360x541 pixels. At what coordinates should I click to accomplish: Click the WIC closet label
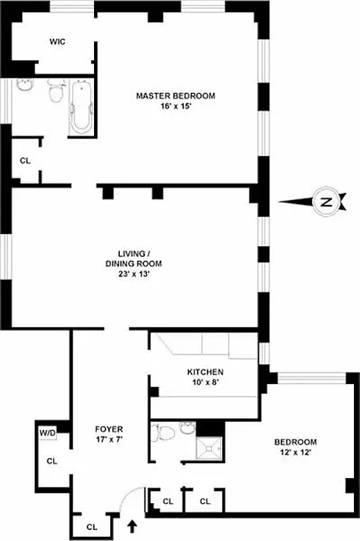[57, 42]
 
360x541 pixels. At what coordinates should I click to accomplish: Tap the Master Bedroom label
[175, 96]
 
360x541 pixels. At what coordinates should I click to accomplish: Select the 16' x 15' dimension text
[175, 107]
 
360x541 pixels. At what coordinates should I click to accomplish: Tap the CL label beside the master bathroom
[26, 161]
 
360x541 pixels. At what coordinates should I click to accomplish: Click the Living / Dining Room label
[134, 258]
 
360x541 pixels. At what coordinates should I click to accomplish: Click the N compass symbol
[327, 202]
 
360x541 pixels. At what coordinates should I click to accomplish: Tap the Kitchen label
[205, 373]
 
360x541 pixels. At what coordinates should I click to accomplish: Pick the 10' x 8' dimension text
[205, 383]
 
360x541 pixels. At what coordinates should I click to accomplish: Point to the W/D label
[47, 432]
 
